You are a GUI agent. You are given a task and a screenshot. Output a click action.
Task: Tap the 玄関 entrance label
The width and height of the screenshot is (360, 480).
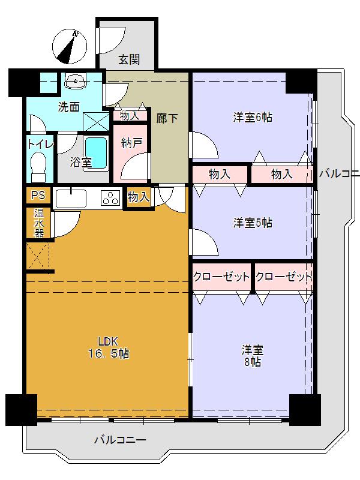coord(128,59)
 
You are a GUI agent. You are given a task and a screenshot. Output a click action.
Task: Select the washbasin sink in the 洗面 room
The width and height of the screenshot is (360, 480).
coord(74,81)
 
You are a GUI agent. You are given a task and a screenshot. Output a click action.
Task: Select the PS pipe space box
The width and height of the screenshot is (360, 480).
coord(38,196)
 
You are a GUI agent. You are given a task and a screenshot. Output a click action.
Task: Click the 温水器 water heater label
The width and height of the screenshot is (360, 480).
coord(38,223)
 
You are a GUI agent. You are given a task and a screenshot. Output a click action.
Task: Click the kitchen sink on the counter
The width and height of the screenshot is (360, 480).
coord(71,197)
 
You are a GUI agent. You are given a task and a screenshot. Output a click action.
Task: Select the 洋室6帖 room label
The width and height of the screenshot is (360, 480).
coord(253,117)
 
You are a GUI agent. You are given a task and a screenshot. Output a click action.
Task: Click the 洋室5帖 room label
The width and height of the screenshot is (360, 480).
coord(253,223)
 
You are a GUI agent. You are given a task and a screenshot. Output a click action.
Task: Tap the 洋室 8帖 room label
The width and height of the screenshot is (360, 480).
coord(252,356)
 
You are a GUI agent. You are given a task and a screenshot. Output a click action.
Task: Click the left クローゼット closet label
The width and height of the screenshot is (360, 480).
coord(221,277)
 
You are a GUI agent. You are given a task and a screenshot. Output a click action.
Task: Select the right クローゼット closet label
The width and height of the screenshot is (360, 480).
coord(283,277)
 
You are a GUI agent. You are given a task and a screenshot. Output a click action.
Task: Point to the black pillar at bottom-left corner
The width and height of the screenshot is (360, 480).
coord(21,410)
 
